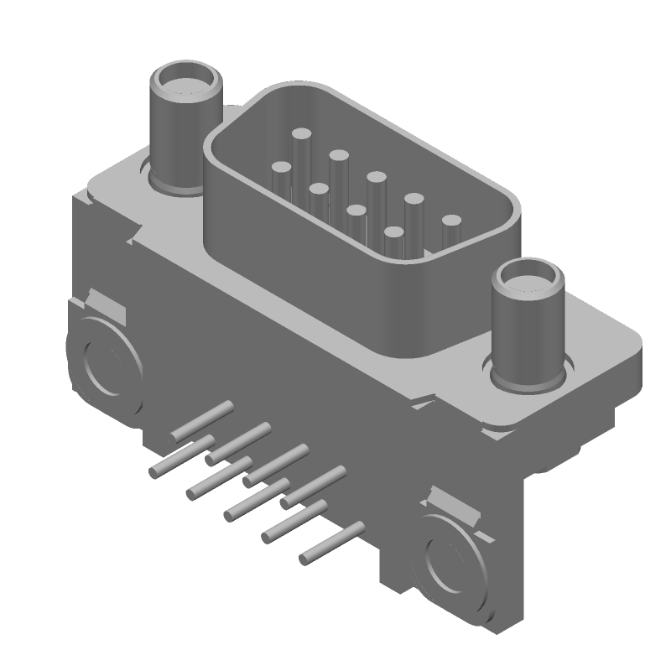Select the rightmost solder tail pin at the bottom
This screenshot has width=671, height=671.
pos(331,543)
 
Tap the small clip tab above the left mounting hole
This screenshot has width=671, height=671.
pos(105,304)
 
